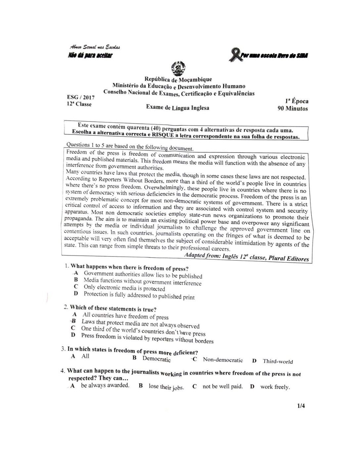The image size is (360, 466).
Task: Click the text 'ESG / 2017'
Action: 81,97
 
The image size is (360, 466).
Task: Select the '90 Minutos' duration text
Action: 292,109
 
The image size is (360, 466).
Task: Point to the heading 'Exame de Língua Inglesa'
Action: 178,108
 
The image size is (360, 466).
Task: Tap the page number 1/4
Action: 301,406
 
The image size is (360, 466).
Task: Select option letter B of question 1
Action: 76,280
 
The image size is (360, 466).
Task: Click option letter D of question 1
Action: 76,293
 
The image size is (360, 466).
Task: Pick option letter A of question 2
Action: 75,314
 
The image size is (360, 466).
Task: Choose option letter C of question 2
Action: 73,328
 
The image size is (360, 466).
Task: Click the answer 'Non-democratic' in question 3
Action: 223,360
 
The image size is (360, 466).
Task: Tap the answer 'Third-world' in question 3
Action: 278,361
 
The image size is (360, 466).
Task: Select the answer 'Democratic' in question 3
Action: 157,359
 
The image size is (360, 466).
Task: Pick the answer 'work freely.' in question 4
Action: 275,387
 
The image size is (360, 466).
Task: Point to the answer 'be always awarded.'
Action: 105,386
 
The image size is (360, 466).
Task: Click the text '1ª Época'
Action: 296,101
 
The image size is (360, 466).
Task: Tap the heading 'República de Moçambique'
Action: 178,79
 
